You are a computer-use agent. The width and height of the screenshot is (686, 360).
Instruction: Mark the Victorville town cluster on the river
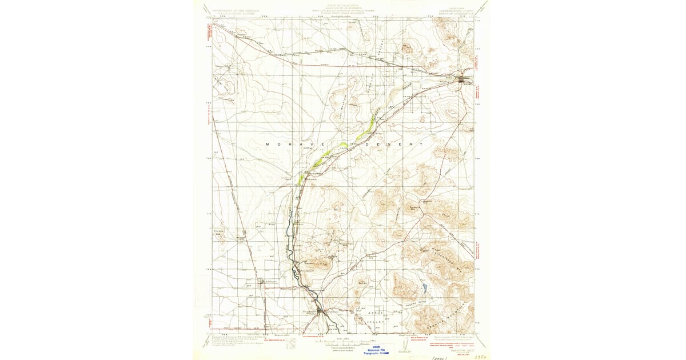pos(321,311)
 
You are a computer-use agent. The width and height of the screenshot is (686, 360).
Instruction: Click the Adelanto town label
pos(269,281)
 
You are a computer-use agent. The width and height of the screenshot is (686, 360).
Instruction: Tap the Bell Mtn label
pos(362,282)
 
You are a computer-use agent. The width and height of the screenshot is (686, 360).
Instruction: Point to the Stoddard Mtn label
pos(417,207)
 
